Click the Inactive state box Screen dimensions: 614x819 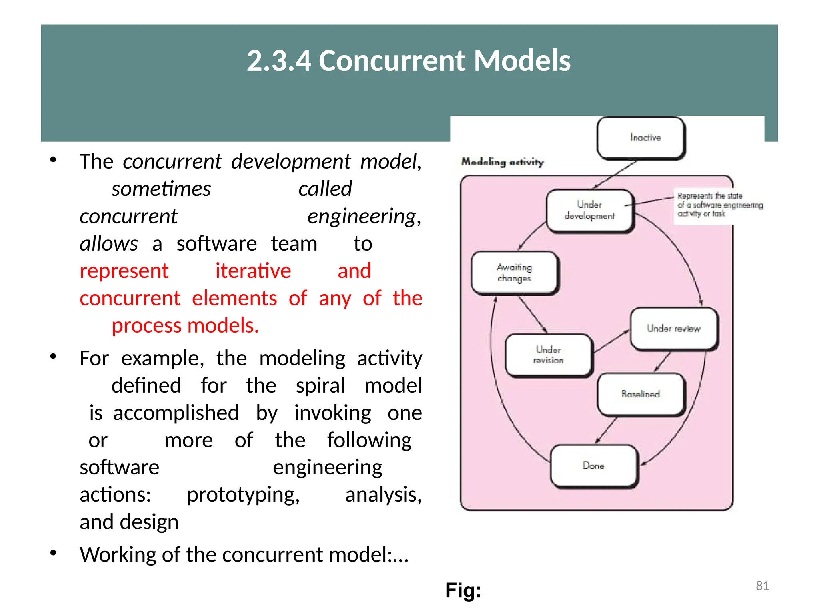pyautogui.click(x=641, y=138)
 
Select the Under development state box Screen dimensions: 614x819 pyautogui.click(x=589, y=211)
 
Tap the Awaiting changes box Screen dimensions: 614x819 pyautogui.click(x=515, y=273)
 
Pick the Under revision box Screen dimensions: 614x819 pyautogui.click(x=548, y=355)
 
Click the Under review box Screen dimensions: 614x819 pyautogui.click(x=674, y=329)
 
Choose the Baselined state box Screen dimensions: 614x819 pyautogui.click(x=641, y=394)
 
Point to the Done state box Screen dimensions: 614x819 pyautogui.click(x=593, y=466)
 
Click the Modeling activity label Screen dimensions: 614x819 pyautogui.click(x=503, y=162)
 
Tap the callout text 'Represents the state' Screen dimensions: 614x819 pyautogui.click(x=710, y=196)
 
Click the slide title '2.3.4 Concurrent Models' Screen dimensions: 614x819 pyautogui.click(x=409, y=61)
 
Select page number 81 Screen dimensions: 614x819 pyautogui.click(x=762, y=586)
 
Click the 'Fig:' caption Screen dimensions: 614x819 pyautogui.click(x=463, y=590)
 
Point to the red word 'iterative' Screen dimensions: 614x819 pyautogui.click(x=253, y=271)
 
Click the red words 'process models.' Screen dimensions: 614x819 pyautogui.click(x=185, y=325)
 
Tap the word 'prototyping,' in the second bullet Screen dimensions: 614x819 pyautogui.click(x=243, y=495)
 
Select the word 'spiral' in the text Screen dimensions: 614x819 pyautogui.click(x=320, y=386)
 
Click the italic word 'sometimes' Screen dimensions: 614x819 pyautogui.click(x=161, y=189)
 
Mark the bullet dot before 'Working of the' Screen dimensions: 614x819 pyautogui.click(x=53, y=553)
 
